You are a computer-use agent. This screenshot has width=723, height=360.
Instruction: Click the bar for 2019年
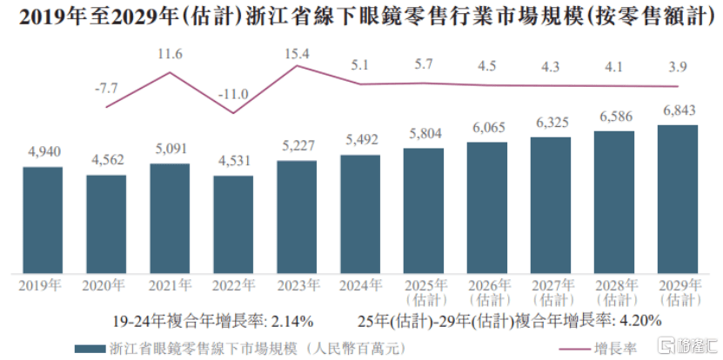coord(43,218)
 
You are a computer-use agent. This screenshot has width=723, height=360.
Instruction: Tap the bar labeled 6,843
coord(678,197)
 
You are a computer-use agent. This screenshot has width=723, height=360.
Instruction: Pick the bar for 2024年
coord(360,212)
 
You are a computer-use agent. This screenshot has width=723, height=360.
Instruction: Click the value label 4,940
coord(43,153)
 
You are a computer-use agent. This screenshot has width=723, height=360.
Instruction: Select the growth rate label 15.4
coord(297,54)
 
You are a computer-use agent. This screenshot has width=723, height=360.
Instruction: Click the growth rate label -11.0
coord(233,94)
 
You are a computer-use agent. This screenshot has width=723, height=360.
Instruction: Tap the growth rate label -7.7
coord(106,88)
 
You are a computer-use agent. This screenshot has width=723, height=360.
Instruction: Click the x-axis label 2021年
coord(170,284)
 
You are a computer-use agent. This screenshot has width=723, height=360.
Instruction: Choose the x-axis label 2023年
coord(297,284)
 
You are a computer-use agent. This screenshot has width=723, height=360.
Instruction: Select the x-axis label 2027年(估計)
coord(551,291)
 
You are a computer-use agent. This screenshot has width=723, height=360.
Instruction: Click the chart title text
coord(360,16)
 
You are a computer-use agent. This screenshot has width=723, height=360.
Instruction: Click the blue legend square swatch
coord(84,348)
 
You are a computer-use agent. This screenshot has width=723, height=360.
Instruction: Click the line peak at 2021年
coord(170,71)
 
